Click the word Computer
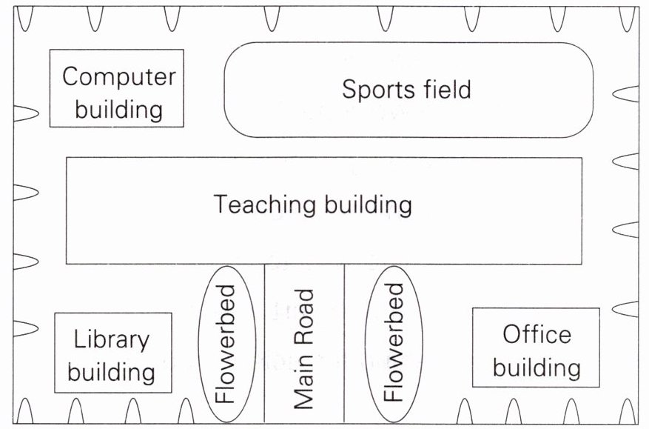pyautogui.click(x=119, y=76)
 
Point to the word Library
pyautogui.click(x=112, y=340)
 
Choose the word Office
pyautogui.click(x=537, y=334)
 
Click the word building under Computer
pyautogui.click(x=119, y=110)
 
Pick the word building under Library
pyautogui.click(x=112, y=372)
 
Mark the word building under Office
pyautogui.click(x=537, y=368)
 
